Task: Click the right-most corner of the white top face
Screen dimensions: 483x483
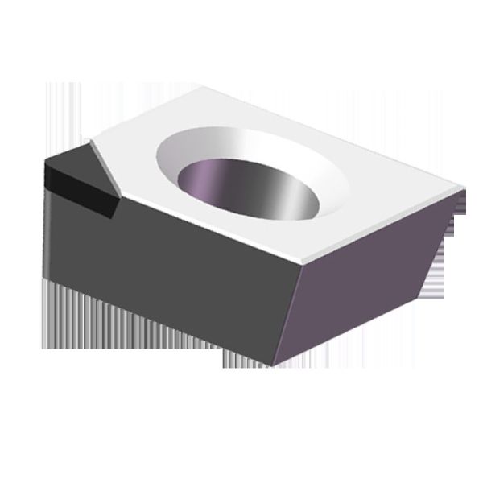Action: [464, 190]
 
